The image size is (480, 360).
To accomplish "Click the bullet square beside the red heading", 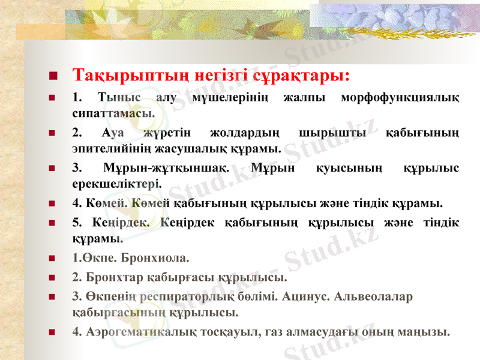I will point(53,77).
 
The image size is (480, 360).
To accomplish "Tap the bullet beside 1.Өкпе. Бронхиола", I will point(53,260).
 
